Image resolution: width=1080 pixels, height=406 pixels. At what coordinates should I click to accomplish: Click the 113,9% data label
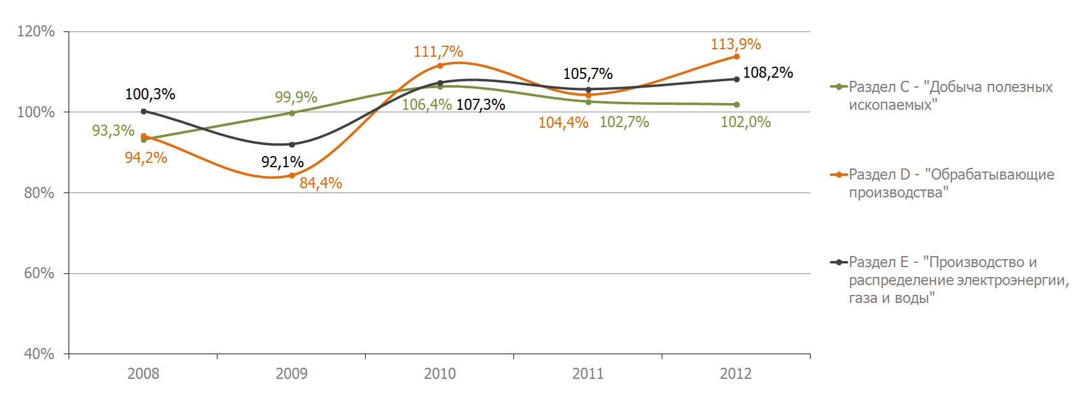point(735,44)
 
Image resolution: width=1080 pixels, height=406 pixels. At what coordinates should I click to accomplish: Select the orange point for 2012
point(736,57)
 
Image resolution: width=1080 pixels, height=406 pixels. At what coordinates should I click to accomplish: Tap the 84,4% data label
point(321,183)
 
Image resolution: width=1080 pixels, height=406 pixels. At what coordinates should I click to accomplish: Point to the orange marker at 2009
point(292,176)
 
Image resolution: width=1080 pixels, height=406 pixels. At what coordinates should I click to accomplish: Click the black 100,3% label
point(150,94)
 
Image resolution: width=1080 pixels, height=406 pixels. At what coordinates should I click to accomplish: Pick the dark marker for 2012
point(736,79)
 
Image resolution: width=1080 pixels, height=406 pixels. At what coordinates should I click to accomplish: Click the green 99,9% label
point(296,97)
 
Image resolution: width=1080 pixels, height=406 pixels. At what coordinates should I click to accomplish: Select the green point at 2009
point(292,113)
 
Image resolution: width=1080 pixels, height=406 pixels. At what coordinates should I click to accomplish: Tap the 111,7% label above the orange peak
point(438,52)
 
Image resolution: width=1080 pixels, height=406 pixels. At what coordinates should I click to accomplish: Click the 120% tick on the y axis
point(36,31)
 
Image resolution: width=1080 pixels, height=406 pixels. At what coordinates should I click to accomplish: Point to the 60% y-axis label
point(39,273)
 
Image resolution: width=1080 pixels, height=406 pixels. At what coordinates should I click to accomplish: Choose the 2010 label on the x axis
point(440,373)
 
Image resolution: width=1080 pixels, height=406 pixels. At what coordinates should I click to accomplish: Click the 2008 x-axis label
point(143,373)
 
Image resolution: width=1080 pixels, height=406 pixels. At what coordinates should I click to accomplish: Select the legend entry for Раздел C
point(942,96)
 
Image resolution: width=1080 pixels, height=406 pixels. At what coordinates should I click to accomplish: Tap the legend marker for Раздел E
point(839,262)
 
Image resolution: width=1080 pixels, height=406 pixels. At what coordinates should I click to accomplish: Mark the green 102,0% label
point(746,122)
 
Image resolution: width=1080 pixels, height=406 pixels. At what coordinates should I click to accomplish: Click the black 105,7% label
point(588,74)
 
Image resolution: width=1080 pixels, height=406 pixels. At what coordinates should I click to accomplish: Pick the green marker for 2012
point(736,104)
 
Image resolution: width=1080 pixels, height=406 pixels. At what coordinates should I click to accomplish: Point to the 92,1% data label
point(282,162)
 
